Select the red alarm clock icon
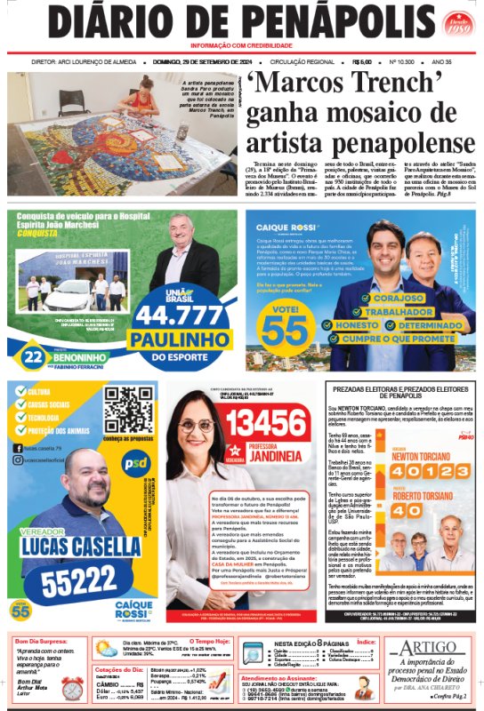point(72,688)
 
